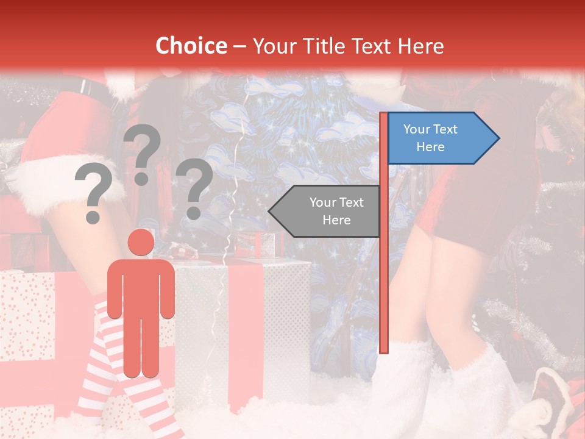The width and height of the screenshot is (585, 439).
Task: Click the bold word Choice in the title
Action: [191, 46]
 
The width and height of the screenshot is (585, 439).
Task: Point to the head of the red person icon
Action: [141, 242]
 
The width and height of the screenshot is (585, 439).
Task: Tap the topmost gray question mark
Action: [143, 152]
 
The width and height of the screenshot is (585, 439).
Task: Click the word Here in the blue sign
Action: [430, 147]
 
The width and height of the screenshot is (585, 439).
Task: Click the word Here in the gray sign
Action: [336, 220]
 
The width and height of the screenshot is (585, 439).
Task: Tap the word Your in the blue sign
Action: [416, 129]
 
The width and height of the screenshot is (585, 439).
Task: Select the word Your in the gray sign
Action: [322, 202]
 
